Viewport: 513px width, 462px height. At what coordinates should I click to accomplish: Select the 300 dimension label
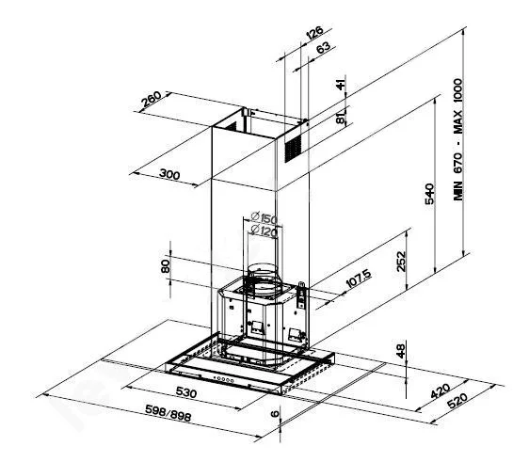click(x=168, y=175)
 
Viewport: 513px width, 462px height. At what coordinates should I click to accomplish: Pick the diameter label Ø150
click(x=265, y=219)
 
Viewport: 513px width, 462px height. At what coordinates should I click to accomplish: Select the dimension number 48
click(x=399, y=350)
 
